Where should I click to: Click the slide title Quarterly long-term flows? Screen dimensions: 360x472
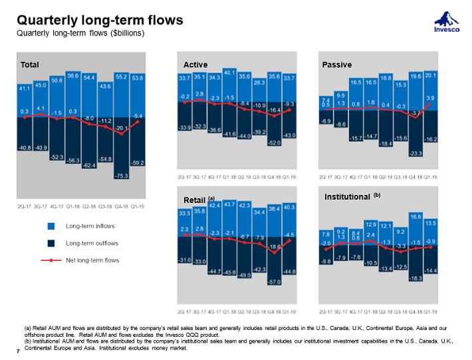coord(99,20)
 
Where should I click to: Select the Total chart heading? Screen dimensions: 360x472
coord(30,65)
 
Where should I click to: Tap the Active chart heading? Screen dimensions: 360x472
coord(195,65)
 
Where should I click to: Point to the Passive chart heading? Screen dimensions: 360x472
coord(336,65)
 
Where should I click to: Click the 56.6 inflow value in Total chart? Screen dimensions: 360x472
coord(73,75)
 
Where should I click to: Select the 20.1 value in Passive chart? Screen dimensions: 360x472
coord(431,75)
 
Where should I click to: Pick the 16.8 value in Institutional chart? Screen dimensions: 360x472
coord(416,216)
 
